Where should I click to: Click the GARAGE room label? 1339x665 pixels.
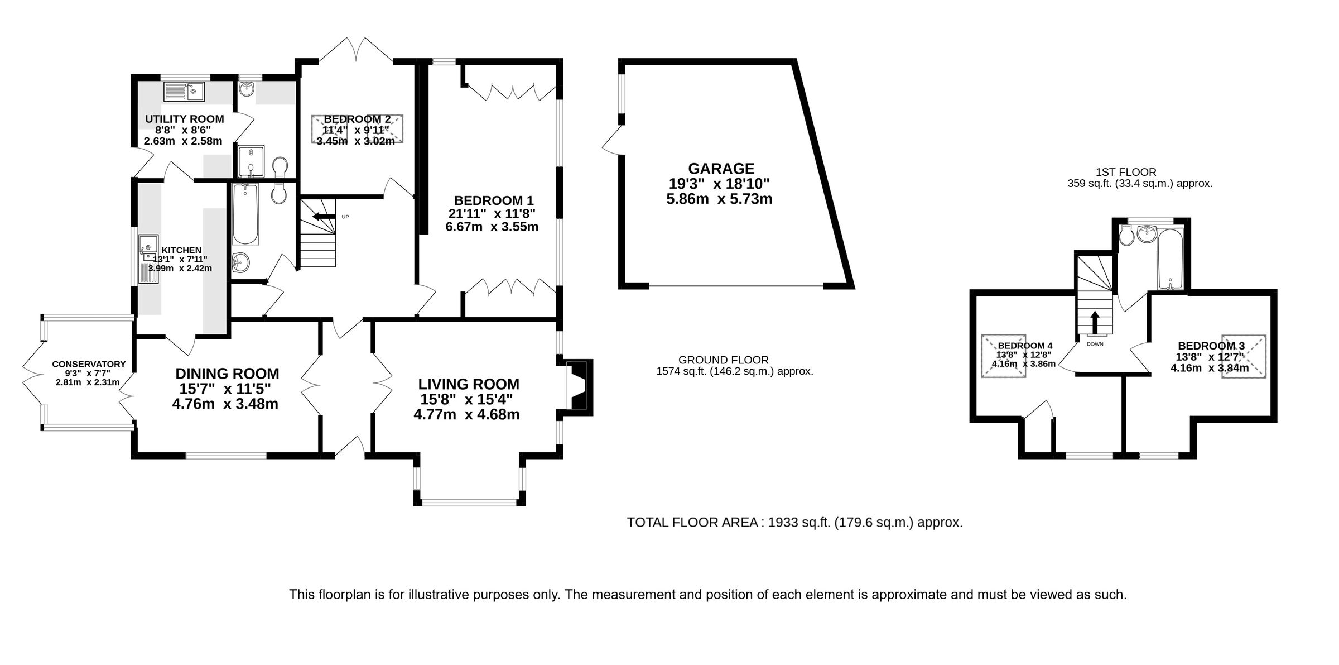tap(721, 168)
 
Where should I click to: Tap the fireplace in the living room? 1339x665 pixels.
tap(578, 386)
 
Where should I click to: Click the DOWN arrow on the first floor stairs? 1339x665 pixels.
tap(1094, 323)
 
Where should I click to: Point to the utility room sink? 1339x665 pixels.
tap(184, 92)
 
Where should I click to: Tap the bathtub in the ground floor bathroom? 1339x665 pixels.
tap(245, 214)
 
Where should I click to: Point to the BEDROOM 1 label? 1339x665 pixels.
tap(494, 200)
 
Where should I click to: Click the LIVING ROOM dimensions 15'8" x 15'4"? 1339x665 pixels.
tap(466, 399)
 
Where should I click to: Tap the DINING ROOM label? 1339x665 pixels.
tap(227, 374)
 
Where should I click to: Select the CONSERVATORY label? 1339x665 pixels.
tap(89, 364)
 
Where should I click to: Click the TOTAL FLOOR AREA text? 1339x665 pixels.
tap(794, 523)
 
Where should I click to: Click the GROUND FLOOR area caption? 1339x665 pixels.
tap(723, 360)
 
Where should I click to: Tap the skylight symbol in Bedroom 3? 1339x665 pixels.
tap(1244, 356)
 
